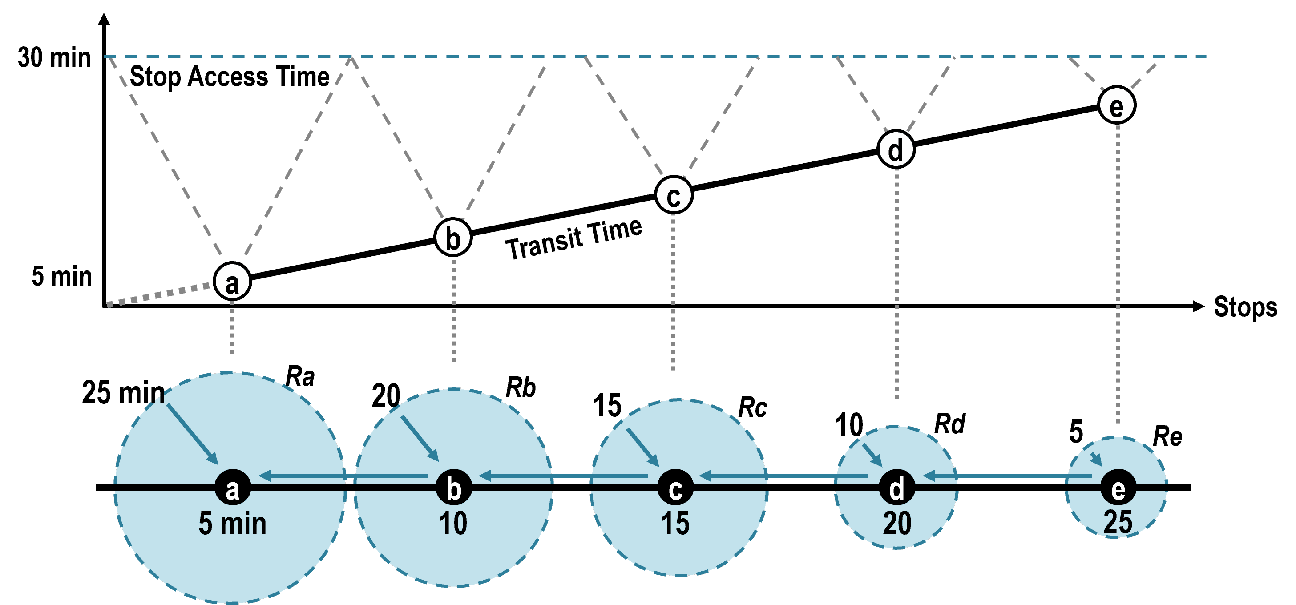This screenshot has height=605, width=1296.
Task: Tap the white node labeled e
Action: point(1116,105)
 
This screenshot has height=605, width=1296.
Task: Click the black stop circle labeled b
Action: point(453,487)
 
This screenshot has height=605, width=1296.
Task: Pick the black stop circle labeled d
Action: point(896,487)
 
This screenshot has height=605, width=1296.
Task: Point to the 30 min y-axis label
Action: point(54,57)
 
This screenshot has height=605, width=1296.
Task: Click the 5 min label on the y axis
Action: point(62,276)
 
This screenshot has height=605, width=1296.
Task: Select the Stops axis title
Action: point(1245,307)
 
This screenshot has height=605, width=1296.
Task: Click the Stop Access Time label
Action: point(230,77)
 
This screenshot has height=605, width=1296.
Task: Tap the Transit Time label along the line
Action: point(574,239)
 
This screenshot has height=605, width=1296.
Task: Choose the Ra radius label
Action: point(300,376)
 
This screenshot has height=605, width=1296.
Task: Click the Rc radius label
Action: point(753,407)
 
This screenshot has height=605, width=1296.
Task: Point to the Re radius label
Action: point(1167,436)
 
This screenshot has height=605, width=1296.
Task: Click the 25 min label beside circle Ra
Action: point(123,392)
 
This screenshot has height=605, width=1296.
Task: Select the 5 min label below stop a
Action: point(232,524)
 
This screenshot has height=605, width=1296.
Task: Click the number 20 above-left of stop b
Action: point(386,396)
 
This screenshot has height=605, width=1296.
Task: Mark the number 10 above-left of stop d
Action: point(849,425)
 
